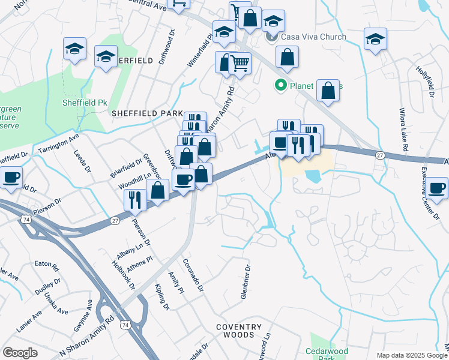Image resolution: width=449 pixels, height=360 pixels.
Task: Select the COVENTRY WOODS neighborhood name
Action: pyautogui.click(x=239, y=331)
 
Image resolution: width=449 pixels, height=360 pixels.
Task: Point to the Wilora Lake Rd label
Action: pyautogui.click(x=404, y=130)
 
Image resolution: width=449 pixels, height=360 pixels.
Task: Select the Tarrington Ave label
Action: pyautogui.click(x=58, y=143)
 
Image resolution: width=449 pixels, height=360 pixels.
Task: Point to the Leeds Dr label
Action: pyautogui.click(x=82, y=161)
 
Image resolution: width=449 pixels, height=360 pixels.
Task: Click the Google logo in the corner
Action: pyautogui.click(x=20, y=353)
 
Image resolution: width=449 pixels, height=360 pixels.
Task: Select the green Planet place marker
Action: pyautogui.click(x=280, y=86)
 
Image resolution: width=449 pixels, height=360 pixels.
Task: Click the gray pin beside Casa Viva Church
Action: pyautogui.click(x=270, y=37)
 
